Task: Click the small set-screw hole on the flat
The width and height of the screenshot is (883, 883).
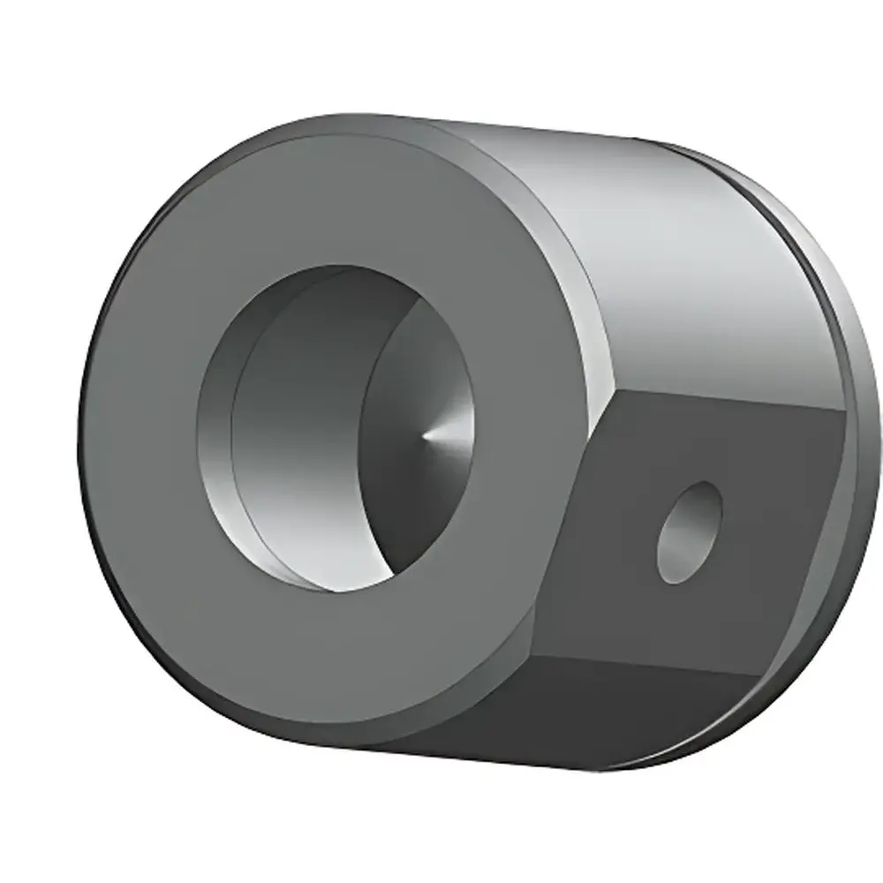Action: pos(689,532)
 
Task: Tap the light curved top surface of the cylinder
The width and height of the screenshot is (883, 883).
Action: pos(689,265)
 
